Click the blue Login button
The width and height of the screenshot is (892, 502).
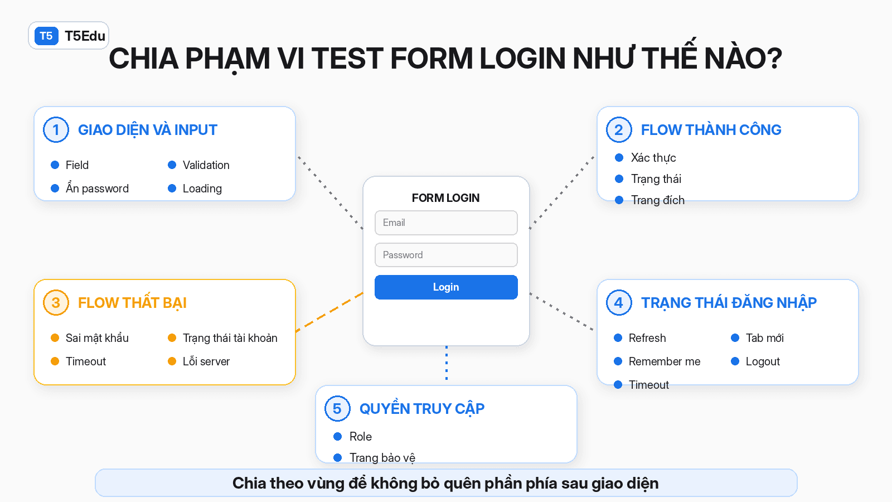pyautogui.click(x=446, y=287)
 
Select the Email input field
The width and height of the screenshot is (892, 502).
pyautogui.click(x=446, y=223)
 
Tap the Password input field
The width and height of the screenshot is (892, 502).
pyautogui.click(x=446, y=255)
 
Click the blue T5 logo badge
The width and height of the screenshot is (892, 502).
pyautogui.click(x=46, y=36)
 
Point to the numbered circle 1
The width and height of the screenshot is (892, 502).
pyautogui.click(x=56, y=129)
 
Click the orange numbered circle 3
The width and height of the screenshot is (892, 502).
pyautogui.click(x=56, y=302)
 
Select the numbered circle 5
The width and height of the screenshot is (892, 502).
pyautogui.click(x=337, y=408)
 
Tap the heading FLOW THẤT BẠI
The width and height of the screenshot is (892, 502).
pyautogui.click(x=132, y=303)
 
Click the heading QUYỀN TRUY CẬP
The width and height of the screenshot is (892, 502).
pyautogui.click(x=421, y=408)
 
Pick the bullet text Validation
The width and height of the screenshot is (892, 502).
pyautogui.click(x=206, y=165)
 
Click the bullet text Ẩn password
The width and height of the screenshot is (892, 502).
pyautogui.click(x=97, y=188)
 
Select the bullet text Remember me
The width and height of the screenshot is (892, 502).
pyautogui.click(x=664, y=361)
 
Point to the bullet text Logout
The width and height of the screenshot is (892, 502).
pyautogui.click(x=763, y=361)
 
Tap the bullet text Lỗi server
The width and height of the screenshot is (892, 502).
pyautogui.click(x=206, y=361)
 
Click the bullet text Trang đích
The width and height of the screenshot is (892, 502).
pyautogui.click(x=658, y=200)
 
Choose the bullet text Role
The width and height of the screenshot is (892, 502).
pyautogui.click(x=360, y=437)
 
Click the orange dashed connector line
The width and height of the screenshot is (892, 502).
pyautogui.click(x=329, y=312)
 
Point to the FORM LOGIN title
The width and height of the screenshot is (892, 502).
pyautogui.click(x=445, y=198)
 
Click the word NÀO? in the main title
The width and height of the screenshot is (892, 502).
pyautogui.click(x=743, y=58)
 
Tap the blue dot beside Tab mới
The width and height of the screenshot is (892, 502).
pyautogui.click(x=735, y=338)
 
